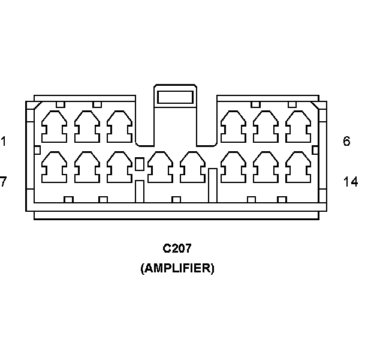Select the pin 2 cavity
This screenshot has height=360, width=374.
click(86, 127)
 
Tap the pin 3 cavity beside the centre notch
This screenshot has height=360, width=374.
click(119, 127)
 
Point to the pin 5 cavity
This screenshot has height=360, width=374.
click(265, 127)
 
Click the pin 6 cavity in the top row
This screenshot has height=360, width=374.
click(298, 127)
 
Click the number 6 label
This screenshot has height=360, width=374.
click(346, 142)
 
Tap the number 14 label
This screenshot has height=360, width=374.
click(351, 181)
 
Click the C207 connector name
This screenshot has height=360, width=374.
click(177, 248)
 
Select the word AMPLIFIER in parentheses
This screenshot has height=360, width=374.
click(177, 268)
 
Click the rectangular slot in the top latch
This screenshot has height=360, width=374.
click(174, 97)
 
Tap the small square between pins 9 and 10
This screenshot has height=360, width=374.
click(140, 164)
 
